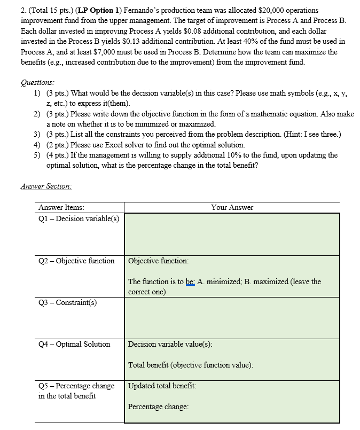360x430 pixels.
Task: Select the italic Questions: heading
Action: click(37, 82)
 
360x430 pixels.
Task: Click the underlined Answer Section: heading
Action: click(46, 186)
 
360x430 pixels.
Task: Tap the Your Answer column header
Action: click(232, 207)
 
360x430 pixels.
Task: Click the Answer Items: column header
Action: click(61, 207)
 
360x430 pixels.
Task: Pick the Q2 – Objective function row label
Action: click(76, 261)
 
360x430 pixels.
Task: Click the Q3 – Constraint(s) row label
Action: click(67, 302)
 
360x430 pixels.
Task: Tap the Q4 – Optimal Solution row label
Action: click(74, 344)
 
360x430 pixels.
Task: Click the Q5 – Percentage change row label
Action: click(76, 386)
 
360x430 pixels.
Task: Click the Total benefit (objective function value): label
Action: click(191, 365)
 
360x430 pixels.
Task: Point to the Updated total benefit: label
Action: click(162, 386)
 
